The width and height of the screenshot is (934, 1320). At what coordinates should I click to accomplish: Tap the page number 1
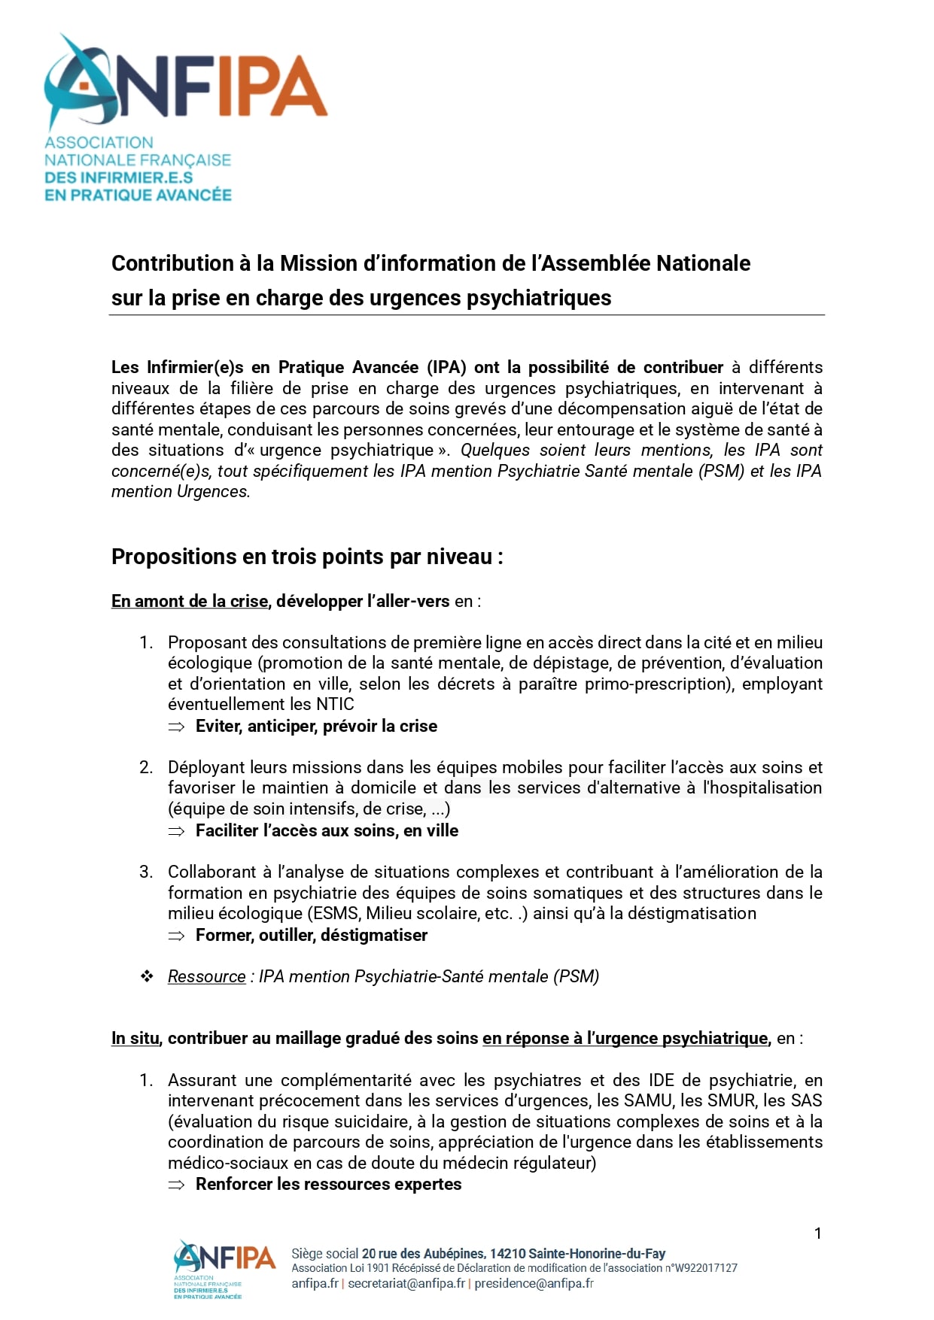pos(817,1233)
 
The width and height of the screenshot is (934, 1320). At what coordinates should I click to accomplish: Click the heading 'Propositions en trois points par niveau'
pos(306,557)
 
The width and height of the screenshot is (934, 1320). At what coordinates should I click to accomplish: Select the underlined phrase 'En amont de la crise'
pos(190,601)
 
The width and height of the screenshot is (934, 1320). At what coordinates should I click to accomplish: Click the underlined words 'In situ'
pos(135,1038)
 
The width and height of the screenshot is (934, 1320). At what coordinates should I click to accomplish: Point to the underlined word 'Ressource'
pos(206,976)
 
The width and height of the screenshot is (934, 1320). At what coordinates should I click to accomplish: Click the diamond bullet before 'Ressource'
pos(147,976)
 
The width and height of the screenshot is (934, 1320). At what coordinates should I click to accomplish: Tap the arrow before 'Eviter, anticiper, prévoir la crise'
pos(176,727)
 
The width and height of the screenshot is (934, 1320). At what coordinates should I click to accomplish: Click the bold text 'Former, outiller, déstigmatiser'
pos(311,935)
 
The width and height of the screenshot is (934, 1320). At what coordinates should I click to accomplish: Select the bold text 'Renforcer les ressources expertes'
pos(328,1184)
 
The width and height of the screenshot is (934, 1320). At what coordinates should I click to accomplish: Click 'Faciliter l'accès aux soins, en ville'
pos(327,830)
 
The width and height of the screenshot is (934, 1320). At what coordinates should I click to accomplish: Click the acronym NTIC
pos(335,704)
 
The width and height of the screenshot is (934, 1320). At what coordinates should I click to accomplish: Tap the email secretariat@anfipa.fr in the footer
pos(406,1283)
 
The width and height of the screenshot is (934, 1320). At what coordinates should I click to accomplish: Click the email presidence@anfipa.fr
pos(534,1283)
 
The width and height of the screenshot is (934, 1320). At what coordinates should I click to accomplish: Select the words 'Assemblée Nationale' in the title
pos(646,263)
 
